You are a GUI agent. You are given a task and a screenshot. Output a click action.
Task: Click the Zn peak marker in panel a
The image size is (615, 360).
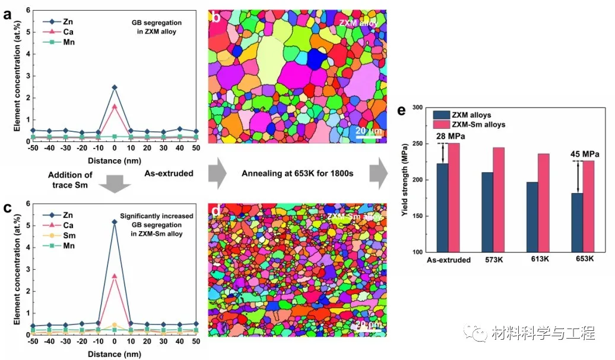[x=114, y=87]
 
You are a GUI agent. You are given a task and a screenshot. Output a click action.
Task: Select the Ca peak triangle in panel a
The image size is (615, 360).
[x=114, y=106]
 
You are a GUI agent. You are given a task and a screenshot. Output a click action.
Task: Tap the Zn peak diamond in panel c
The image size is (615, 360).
[x=114, y=222]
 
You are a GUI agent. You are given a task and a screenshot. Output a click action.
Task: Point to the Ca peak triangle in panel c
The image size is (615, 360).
[x=114, y=276]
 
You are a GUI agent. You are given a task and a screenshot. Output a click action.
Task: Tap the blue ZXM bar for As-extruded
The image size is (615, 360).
[x=442, y=208]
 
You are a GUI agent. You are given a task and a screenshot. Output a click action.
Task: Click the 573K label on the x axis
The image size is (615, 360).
[x=494, y=260]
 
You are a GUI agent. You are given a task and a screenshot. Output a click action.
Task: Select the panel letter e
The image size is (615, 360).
[x=402, y=111]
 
